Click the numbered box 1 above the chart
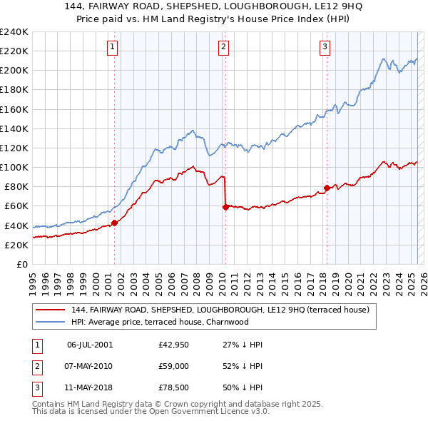113,48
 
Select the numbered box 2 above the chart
223,48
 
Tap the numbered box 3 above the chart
325,48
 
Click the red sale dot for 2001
114,223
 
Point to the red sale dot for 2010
225,207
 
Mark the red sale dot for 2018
327,188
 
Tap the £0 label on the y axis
22,264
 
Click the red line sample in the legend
49,310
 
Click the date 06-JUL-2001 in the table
90,345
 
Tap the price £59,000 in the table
174,365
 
